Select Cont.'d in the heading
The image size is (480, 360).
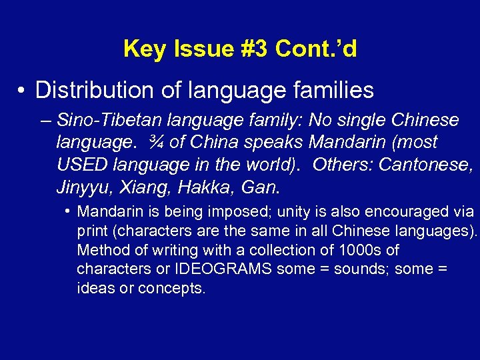coord(316,49)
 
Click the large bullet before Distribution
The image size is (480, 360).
coord(23,90)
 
